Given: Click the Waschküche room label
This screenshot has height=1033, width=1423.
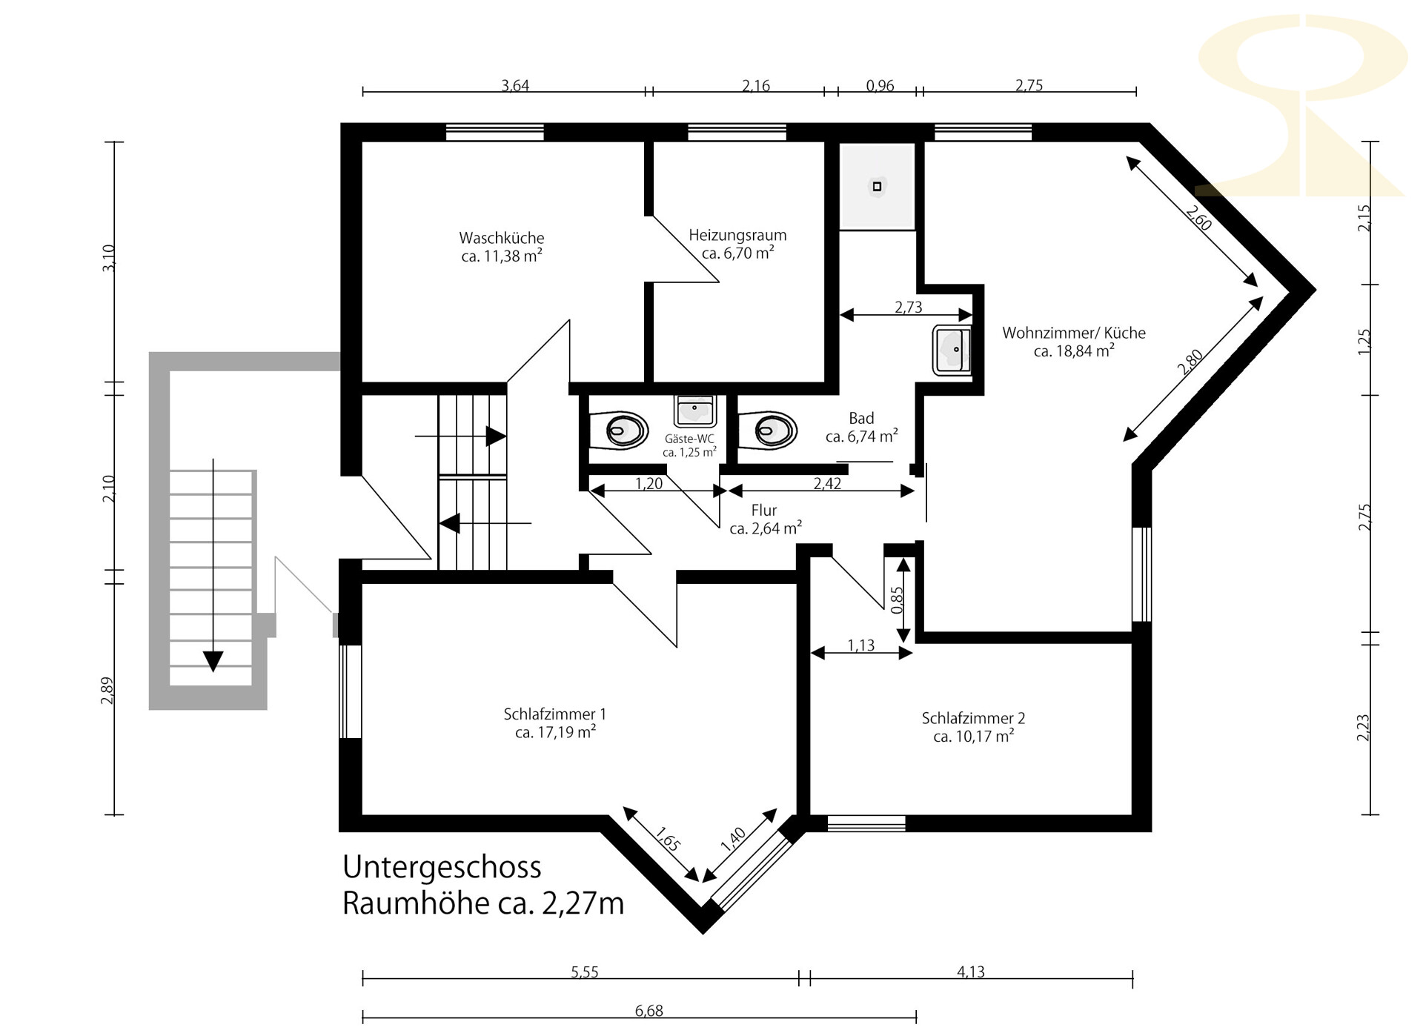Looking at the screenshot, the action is tap(502, 238).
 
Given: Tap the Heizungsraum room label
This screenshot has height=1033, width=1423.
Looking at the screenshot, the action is tap(737, 235).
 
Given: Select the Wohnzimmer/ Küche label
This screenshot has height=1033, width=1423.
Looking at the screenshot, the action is tap(1074, 333).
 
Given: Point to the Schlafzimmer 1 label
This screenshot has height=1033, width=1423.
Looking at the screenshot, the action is tap(555, 714).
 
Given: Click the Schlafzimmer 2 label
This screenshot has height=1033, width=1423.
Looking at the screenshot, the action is tap(973, 718).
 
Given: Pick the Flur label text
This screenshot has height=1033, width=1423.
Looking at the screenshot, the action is tap(764, 511).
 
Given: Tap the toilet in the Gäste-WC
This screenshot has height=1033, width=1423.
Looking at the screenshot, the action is tap(619, 430).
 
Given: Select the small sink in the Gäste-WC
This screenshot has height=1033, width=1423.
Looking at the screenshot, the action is tap(694, 411).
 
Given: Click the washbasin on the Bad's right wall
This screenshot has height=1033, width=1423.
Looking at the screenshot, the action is tap(952, 350).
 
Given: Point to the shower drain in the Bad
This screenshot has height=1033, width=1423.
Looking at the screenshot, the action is tap(877, 186).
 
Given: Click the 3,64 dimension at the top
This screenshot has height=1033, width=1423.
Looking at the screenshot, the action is tap(515, 85).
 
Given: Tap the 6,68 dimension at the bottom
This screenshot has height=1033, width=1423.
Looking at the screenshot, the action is tap(649, 1010).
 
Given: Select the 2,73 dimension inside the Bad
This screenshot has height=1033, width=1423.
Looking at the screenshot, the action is tap(909, 307).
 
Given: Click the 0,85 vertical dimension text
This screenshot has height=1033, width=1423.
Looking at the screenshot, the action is tap(897, 600).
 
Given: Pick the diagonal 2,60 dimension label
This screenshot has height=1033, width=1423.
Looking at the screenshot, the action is tap(1198, 218).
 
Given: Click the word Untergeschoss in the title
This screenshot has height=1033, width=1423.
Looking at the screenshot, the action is tap(442, 867).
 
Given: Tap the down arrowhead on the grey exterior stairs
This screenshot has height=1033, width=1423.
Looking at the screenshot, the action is tap(213, 660).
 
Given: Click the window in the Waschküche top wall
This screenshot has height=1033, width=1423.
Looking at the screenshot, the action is tap(494, 133).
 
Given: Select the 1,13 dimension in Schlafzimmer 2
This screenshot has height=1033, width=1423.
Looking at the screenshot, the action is tap(861, 645).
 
